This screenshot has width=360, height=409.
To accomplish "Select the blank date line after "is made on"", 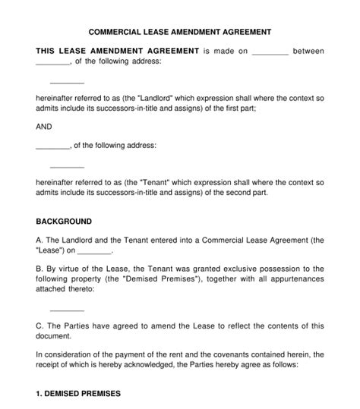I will pos(270,52).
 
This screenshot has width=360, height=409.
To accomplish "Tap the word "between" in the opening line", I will pos(309,51).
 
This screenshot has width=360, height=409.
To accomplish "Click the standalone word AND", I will pos(44,127).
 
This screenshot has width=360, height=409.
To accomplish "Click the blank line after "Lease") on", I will pos(95,251).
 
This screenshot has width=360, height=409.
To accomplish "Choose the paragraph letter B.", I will pos(39,269).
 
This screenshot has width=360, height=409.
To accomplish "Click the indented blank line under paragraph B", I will pos(67,310).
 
